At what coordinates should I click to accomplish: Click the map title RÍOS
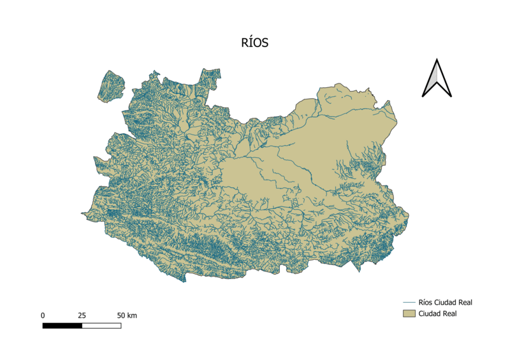(x=255, y=43)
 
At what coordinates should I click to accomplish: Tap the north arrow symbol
(x=437, y=79)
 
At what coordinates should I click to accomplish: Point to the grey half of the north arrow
(x=432, y=82)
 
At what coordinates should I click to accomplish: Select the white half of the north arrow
(x=442, y=82)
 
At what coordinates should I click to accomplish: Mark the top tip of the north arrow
(x=437, y=60)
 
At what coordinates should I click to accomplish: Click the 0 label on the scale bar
(x=43, y=315)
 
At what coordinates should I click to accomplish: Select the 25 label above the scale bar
(x=82, y=315)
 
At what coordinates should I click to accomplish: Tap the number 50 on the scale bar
(x=121, y=315)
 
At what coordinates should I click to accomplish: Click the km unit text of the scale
(x=132, y=315)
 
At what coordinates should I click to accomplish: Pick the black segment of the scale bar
(x=62, y=326)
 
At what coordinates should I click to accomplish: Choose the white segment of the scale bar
(x=101, y=326)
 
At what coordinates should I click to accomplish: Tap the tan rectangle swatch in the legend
(x=408, y=313)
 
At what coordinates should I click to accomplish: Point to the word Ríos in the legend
(x=426, y=302)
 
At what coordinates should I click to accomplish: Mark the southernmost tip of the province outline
(x=185, y=282)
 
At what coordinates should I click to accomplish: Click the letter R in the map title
(x=245, y=43)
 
